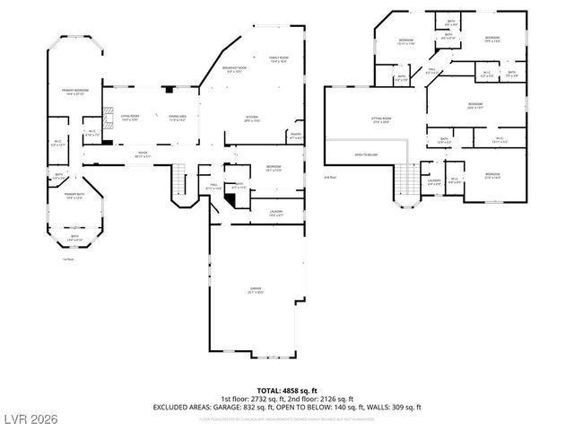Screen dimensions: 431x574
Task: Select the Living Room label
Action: point(130,118)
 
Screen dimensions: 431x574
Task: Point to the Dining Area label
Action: point(177,118)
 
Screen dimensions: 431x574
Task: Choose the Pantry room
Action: point(294,136)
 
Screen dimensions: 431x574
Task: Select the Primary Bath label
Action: point(74,196)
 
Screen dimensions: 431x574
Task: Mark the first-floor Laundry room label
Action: point(276,212)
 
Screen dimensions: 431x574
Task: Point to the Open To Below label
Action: point(365,154)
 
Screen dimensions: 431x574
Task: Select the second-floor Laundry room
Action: point(434,185)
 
